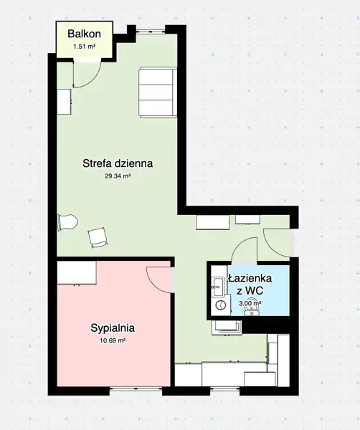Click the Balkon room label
click(x=84, y=34)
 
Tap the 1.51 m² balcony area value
click(x=84, y=47)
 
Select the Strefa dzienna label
click(x=118, y=163)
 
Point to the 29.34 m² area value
click(x=117, y=176)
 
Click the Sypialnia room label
click(x=113, y=328)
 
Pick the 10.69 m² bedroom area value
click(x=113, y=340)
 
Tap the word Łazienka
click(x=250, y=278)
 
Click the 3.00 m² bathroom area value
click(x=250, y=303)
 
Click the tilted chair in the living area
click(x=98, y=237)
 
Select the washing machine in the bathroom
click(x=219, y=305)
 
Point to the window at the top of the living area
click(x=151, y=31)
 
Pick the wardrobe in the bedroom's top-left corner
click(x=77, y=273)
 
